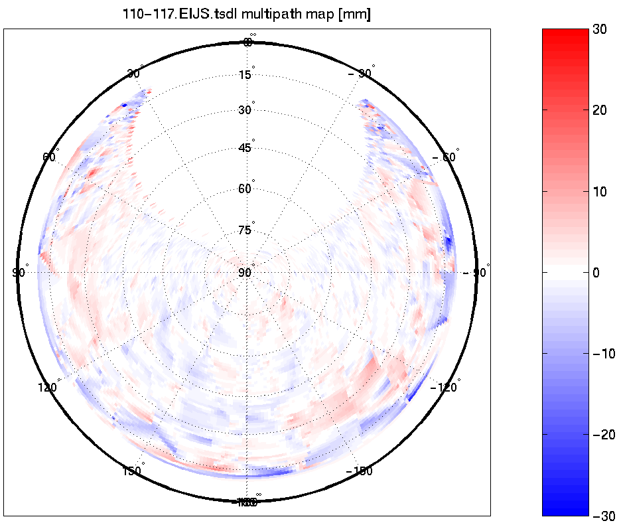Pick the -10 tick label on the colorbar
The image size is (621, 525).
point(603,353)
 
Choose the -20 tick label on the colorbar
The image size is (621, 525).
point(603,434)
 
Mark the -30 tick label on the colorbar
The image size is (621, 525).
point(603,515)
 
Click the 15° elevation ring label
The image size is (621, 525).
point(245,75)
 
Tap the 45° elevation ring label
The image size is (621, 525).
point(245,148)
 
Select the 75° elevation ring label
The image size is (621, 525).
point(245,231)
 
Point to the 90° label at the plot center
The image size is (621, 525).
point(245,273)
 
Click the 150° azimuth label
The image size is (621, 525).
point(133,471)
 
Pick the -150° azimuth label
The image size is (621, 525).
point(358,471)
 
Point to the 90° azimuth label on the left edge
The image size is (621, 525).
point(19,273)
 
